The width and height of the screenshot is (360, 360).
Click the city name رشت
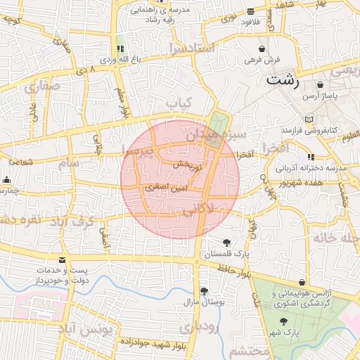click(282, 82)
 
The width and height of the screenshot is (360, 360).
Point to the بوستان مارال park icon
click(204, 290)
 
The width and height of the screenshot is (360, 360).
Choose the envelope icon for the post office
click(63, 259)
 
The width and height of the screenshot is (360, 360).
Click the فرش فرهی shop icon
click(262, 49)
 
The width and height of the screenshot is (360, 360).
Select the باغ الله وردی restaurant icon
click(119, 49)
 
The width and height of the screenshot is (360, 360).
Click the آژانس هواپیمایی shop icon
click(302, 281)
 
